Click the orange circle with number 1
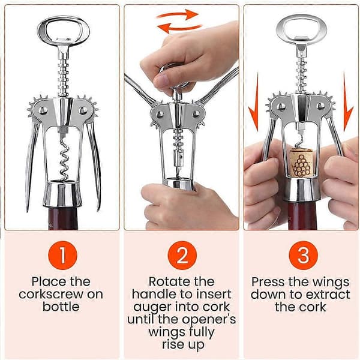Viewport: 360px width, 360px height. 62,255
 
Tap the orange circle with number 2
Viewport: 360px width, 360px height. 182,255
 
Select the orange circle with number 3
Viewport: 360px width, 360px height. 303,255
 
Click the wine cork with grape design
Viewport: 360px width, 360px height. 301,163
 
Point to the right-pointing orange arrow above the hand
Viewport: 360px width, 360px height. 177,14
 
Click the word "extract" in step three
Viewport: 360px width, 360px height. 328,295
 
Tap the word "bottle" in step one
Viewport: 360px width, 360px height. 61,307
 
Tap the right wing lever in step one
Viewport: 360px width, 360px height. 95,166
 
